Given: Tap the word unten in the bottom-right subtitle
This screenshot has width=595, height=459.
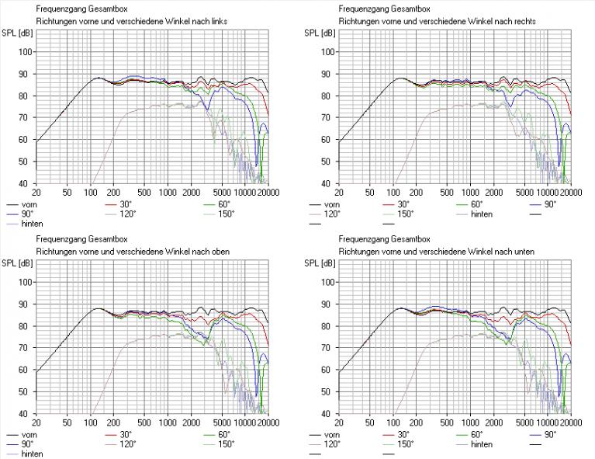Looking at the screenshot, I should (523, 250).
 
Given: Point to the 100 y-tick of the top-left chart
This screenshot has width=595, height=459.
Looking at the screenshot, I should (26, 52).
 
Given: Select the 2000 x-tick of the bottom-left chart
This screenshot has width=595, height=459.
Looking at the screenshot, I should (191, 422).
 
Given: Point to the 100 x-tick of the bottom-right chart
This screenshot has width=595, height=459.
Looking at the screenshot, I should (393, 422).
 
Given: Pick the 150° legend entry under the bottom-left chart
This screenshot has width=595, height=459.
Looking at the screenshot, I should (225, 444).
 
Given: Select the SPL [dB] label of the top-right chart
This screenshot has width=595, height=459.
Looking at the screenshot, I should (320, 33).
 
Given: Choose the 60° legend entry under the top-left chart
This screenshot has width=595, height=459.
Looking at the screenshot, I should (223, 204).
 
